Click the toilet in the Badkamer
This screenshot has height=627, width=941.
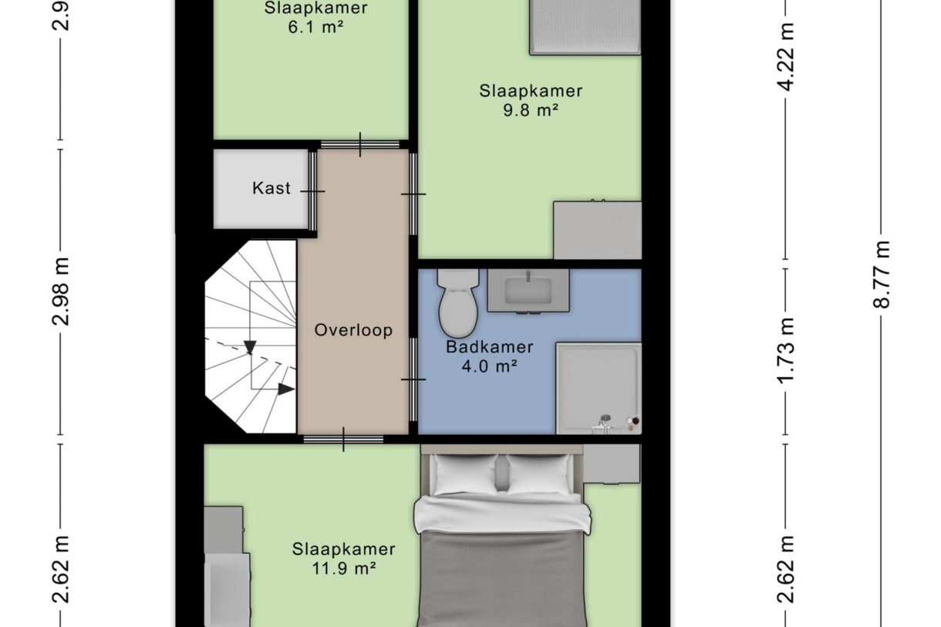tap(458, 304)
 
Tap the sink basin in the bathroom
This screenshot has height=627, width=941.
tap(528, 291)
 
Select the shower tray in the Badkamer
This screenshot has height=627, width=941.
tap(598, 387)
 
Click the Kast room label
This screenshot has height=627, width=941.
tap(272, 188)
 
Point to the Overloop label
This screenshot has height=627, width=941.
tap(353, 330)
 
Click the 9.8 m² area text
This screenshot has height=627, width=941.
tap(531, 110)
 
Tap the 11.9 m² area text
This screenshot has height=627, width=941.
tap(344, 569)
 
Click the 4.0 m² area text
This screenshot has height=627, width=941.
tap(489, 367)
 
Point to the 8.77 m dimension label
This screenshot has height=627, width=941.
tap(882, 275)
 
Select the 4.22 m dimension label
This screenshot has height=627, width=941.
tap(786, 58)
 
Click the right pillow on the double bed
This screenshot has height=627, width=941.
tap(540, 474)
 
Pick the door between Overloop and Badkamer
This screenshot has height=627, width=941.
tap(413, 379)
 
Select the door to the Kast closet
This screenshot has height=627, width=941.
tap(313, 190)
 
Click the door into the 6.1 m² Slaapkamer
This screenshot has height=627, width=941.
tap(360, 144)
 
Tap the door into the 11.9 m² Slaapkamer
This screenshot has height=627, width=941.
tap(343, 440)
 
